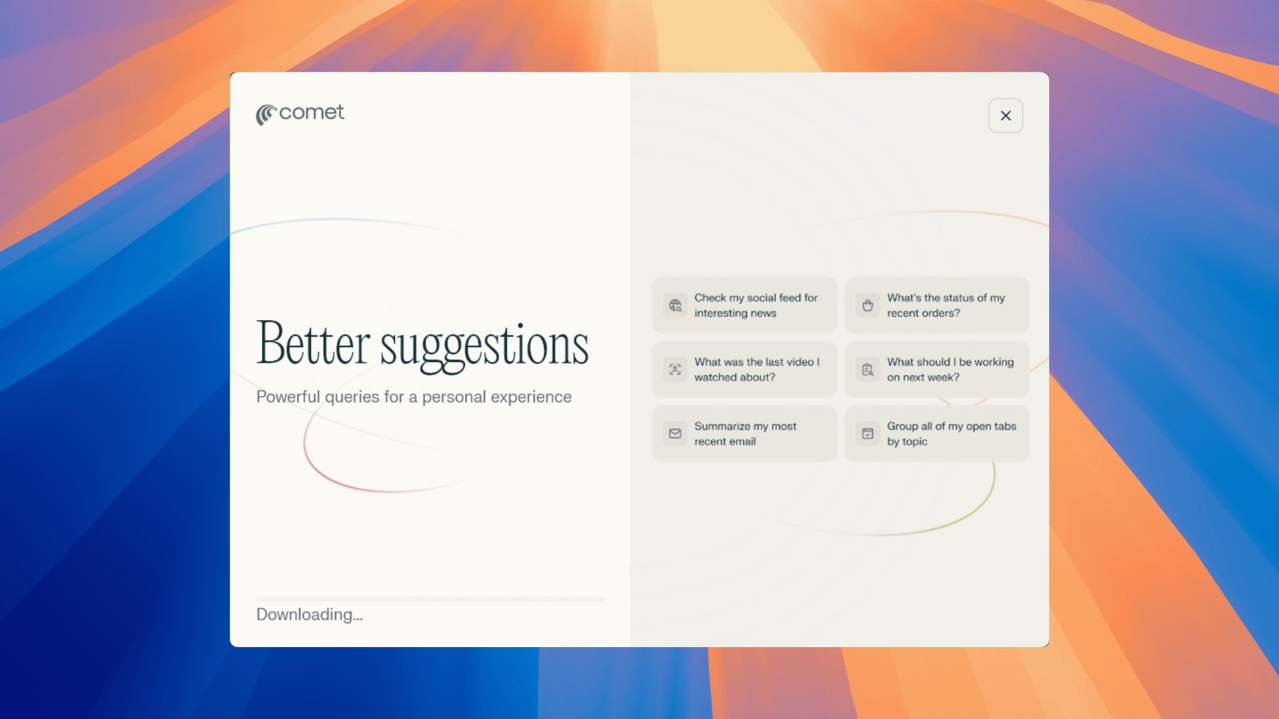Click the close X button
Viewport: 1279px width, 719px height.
1005,116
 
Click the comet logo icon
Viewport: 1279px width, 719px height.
266,115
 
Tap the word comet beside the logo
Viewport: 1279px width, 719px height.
312,113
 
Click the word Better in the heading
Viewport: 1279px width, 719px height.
313,344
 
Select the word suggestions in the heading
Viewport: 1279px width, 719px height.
484,347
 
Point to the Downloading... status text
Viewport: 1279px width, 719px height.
310,614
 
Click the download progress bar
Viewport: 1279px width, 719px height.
431,599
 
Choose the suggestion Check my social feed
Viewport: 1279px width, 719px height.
744,305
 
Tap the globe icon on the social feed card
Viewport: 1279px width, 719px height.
675,306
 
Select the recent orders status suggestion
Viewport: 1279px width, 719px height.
937,305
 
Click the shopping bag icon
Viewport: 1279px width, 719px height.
867,306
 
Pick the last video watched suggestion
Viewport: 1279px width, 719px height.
744,369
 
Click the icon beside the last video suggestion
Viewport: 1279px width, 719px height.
675,369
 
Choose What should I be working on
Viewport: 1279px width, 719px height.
937,369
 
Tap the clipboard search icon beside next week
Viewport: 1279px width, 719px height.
867,369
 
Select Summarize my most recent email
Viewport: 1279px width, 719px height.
744,433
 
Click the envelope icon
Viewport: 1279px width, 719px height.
675,433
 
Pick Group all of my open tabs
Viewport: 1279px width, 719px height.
937,433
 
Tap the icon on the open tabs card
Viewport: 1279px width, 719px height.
867,433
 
